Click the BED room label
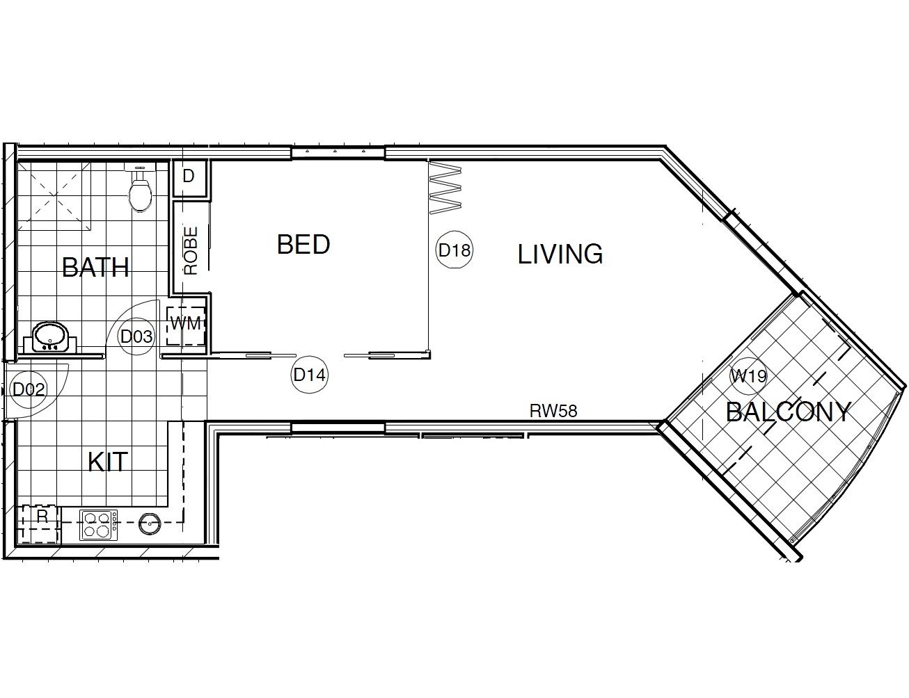pos(303,244)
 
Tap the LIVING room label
pos(560,254)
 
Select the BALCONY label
pos(789,412)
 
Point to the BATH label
pos(95,268)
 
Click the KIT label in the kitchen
pos(107,462)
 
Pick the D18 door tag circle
pos(454,250)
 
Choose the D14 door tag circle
pos(310,375)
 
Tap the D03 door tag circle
pos(136,336)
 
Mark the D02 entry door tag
pos(29,389)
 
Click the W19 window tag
pos(748,376)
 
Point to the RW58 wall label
pos(553,411)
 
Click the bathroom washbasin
pos(50,336)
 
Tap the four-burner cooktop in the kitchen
pos(99,525)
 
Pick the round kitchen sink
pos(150,523)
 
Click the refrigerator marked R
pos(40,525)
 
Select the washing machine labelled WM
pos(186,326)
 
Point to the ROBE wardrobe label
pos(191,251)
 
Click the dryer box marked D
pos(189,179)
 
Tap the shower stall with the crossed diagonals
pos(54,196)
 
